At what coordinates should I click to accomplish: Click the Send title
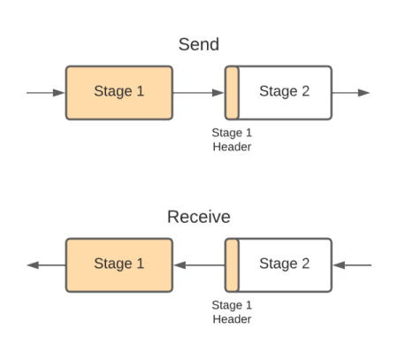click(199, 44)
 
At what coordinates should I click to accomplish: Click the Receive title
click(199, 217)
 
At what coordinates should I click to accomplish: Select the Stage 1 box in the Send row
click(119, 92)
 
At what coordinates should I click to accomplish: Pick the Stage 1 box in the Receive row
click(119, 264)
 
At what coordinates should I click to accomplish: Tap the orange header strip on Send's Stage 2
click(232, 92)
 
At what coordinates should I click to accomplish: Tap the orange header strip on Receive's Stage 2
click(232, 264)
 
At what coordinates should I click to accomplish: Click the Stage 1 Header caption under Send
click(232, 140)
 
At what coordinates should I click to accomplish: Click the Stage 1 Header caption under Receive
click(232, 312)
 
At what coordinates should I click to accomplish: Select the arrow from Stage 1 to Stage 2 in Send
click(198, 92)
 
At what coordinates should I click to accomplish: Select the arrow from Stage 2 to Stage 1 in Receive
click(198, 264)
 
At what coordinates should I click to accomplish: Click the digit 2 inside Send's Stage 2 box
click(305, 92)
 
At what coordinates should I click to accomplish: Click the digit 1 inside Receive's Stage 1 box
click(139, 264)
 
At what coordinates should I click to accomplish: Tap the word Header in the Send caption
click(232, 147)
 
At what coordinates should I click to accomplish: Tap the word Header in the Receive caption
click(232, 319)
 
